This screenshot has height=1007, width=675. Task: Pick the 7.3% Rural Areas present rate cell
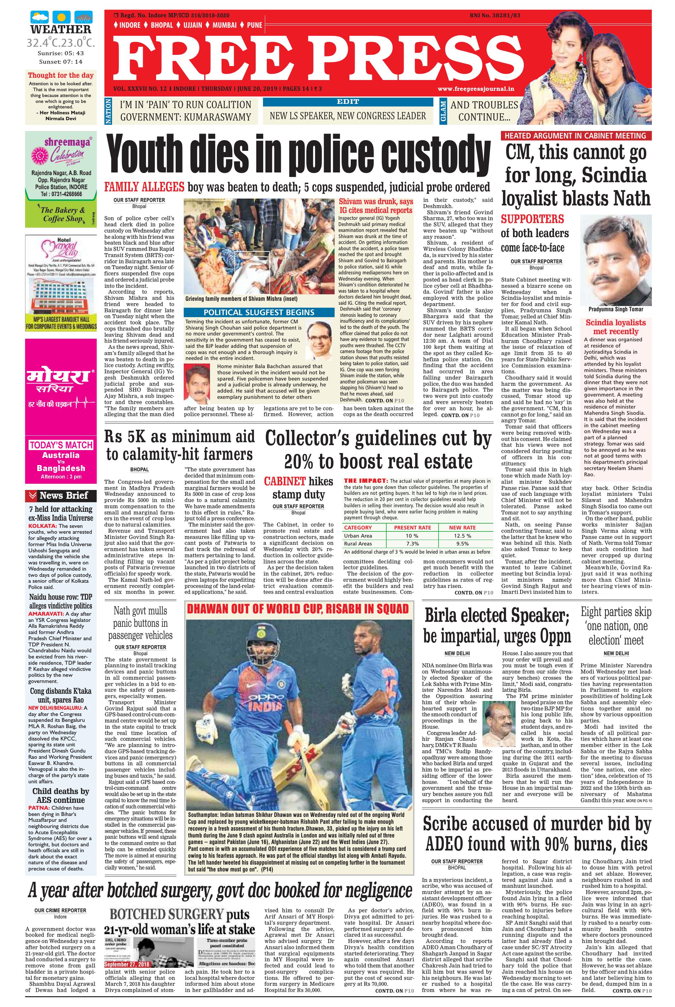click(x=412, y=544)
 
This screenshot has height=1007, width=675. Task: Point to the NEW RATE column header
click(x=462, y=528)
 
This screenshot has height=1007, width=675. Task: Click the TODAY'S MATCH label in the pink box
click(x=61, y=445)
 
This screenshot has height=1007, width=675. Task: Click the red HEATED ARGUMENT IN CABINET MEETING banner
click(x=575, y=136)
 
